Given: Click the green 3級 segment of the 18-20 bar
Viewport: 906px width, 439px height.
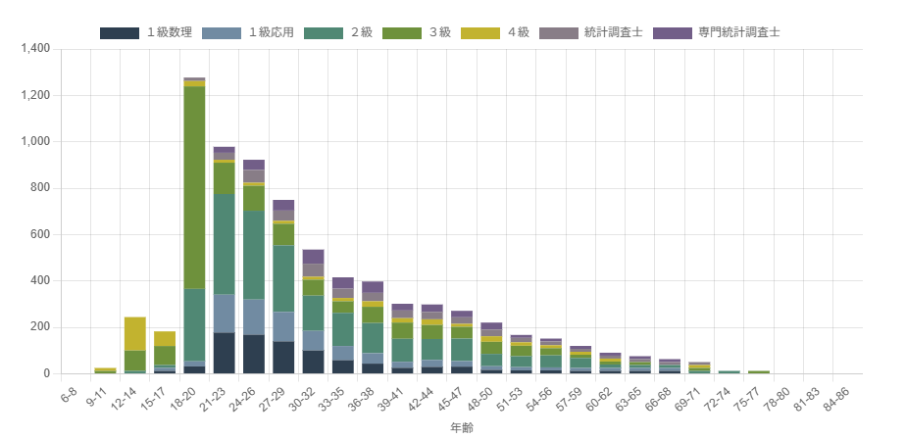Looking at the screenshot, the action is (194, 188).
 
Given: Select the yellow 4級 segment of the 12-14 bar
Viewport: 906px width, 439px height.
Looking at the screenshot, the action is (134, 334).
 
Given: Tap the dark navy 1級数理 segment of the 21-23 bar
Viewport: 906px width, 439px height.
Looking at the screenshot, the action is (225, 354).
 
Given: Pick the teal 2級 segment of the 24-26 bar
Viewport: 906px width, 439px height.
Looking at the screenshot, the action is (254, 255).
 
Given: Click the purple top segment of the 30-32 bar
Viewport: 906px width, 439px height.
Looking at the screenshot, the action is (313, 257).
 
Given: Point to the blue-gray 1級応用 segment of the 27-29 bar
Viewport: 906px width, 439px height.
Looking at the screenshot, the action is (283, 327).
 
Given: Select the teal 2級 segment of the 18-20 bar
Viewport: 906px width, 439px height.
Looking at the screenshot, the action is (194, 324).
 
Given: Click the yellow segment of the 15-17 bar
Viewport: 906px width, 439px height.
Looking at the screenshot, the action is (165, 338).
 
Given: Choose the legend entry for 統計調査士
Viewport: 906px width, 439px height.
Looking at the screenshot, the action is (590, 33).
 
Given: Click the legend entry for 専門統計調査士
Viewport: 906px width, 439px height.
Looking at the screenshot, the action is (716, 33).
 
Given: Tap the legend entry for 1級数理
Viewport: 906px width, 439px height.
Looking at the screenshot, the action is (145, 33).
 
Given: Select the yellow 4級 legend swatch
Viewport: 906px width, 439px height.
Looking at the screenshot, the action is (480, 33).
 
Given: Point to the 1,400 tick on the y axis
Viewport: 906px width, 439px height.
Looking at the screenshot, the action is (35, 49).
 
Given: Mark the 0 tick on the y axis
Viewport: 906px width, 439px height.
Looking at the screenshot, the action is (47, 373).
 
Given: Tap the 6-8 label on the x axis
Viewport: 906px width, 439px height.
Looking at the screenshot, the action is (67, 393).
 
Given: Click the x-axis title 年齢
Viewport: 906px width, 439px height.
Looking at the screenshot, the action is (462, 428).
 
